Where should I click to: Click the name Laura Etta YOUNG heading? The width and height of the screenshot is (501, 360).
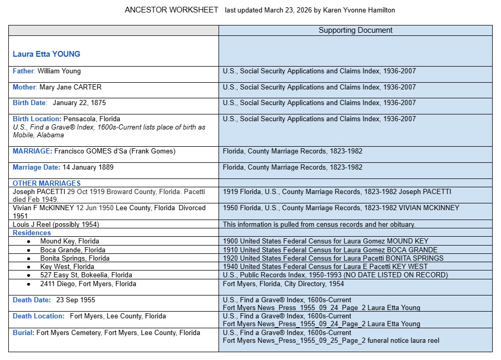(46, 54)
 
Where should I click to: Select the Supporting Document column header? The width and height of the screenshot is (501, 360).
(355, 30)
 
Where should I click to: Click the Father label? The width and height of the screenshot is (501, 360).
(23, 71)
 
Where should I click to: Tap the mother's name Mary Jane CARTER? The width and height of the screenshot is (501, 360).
(70, 87)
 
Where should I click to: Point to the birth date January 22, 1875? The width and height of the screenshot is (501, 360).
(79, 103)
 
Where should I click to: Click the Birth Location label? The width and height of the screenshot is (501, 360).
(37, 119)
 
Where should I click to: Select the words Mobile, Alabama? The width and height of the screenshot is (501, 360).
(38, 135)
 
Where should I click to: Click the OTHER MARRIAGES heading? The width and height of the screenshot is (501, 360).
(47, 183)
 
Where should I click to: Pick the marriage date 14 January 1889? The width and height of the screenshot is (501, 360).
(87, 168)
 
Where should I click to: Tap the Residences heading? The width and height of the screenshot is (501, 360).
(32, 233)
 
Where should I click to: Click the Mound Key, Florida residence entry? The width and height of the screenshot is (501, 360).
(70, 241)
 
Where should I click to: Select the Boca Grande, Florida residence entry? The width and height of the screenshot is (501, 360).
(73, 250)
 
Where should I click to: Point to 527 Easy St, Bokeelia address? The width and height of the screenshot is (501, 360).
(86, 275)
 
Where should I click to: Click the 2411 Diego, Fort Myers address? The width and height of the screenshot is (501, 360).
(88, 284)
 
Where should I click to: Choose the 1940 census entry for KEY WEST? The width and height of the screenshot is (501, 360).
(325, 267)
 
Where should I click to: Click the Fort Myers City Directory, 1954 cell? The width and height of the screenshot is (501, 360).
(283, 284)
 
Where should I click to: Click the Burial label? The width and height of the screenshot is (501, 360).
(23, 332)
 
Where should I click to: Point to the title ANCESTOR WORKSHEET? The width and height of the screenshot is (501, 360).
(171, 10)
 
